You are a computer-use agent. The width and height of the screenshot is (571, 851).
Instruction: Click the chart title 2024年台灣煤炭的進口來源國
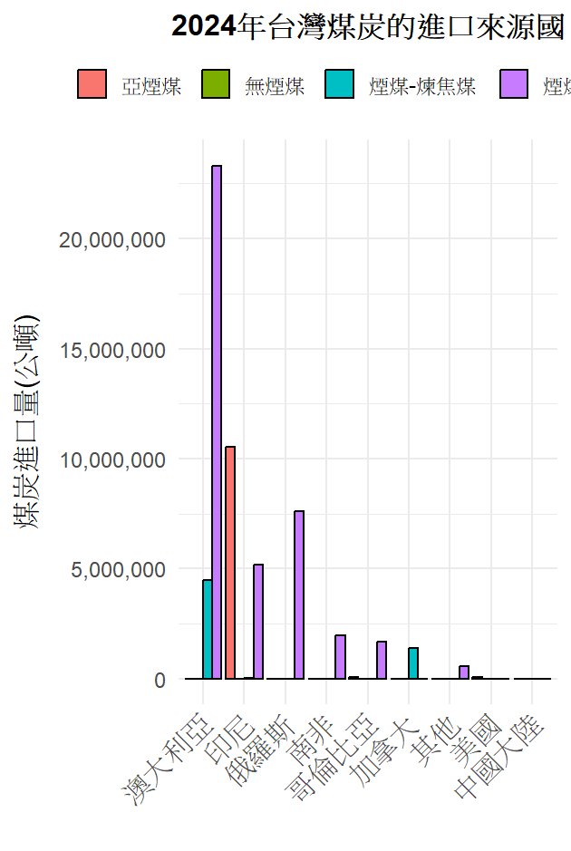(367, 27)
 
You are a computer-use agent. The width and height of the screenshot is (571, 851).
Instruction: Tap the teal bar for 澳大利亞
(208, 629)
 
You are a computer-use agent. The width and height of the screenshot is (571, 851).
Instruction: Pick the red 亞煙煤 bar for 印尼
(230, 562)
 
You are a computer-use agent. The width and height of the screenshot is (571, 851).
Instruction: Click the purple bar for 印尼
(258, 621)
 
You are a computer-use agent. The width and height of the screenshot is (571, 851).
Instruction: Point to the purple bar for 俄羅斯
(299, 595)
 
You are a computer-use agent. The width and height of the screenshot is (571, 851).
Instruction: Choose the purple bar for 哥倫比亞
(382, 660)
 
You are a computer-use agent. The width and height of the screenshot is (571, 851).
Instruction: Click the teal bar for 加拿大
(413, 662)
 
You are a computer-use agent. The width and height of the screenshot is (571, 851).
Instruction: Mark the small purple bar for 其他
(464, 672)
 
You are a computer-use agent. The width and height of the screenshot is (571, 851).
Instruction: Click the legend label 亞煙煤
(151, 86)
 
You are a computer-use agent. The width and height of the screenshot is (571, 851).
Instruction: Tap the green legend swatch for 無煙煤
(216, 84)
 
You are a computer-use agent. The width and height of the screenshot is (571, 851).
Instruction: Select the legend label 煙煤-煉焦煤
(422, 86)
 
